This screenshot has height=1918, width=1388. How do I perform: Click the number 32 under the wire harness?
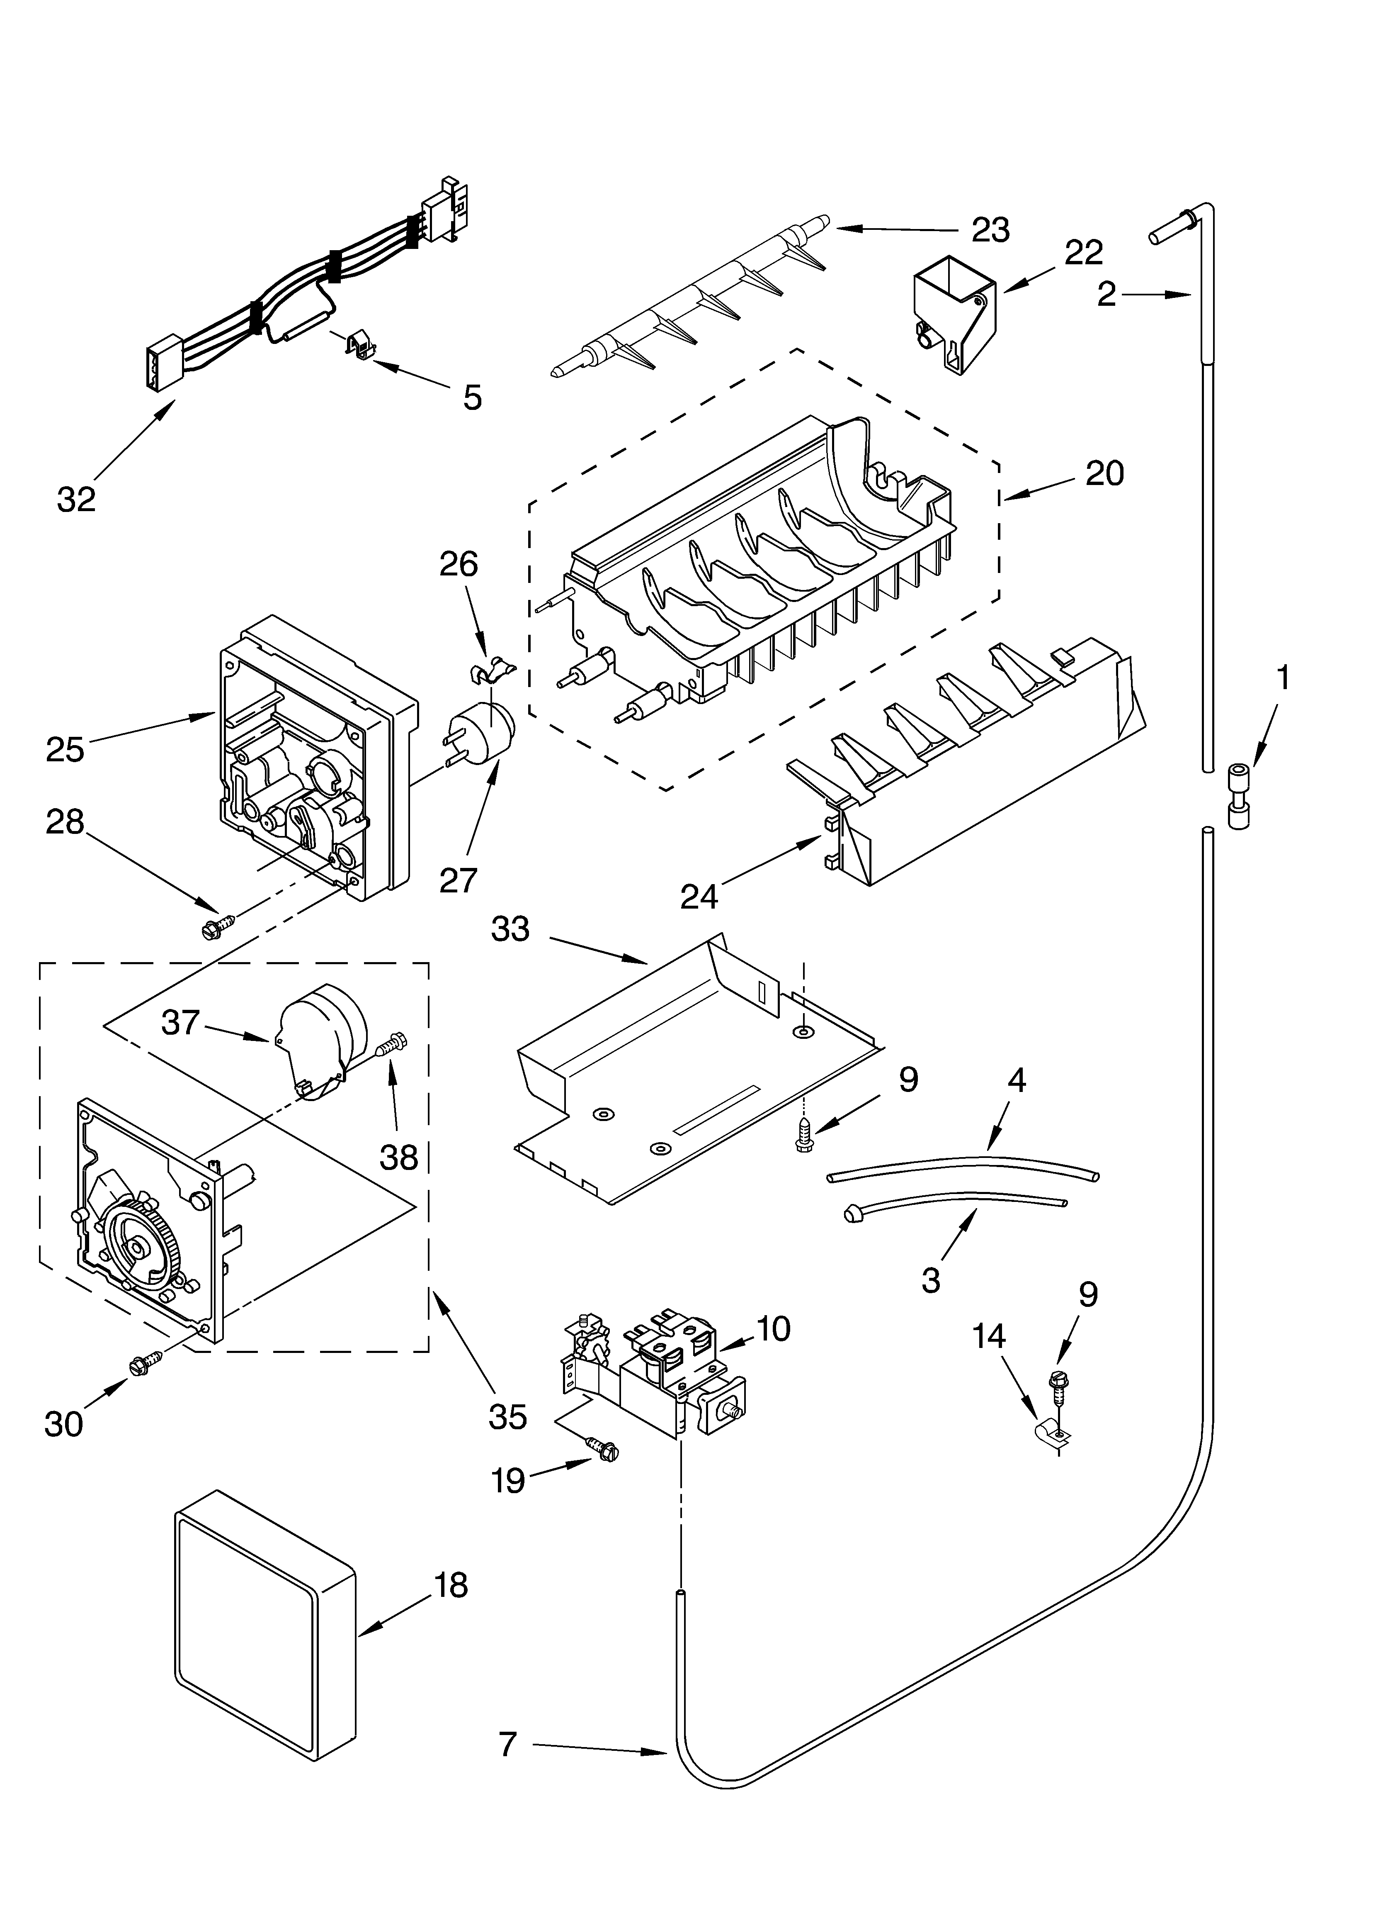[76, 500]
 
